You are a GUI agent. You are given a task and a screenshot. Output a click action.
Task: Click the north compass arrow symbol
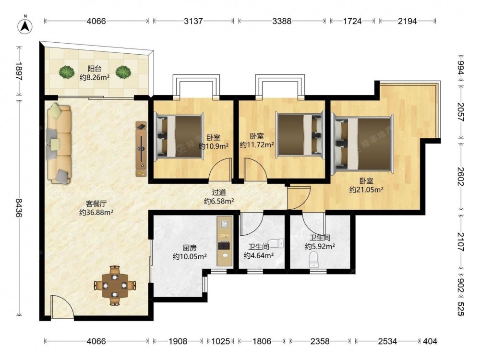25,26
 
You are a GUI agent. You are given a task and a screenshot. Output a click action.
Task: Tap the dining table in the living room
115,285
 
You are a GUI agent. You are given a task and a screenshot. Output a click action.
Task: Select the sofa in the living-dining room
59,144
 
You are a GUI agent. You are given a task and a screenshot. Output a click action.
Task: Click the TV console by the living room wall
141,149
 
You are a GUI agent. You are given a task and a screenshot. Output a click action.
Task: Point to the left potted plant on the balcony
67,72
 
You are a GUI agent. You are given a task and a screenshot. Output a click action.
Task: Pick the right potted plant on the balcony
123,72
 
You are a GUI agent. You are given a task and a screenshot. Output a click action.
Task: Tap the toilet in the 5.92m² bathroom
314,260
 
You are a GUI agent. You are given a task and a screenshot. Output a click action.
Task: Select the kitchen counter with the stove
225,240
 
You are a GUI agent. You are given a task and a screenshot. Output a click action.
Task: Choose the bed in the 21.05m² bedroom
362,144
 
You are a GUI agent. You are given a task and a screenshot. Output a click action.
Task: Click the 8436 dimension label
19,208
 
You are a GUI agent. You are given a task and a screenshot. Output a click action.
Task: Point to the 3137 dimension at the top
193,21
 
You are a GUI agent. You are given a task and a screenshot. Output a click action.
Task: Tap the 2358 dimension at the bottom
320,341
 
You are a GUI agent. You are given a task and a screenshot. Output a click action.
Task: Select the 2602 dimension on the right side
461,177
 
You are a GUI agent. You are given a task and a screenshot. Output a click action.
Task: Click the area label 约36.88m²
96,212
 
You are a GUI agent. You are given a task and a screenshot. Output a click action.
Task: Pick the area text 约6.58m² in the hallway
219,201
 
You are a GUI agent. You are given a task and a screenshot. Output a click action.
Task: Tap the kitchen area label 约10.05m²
190,256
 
